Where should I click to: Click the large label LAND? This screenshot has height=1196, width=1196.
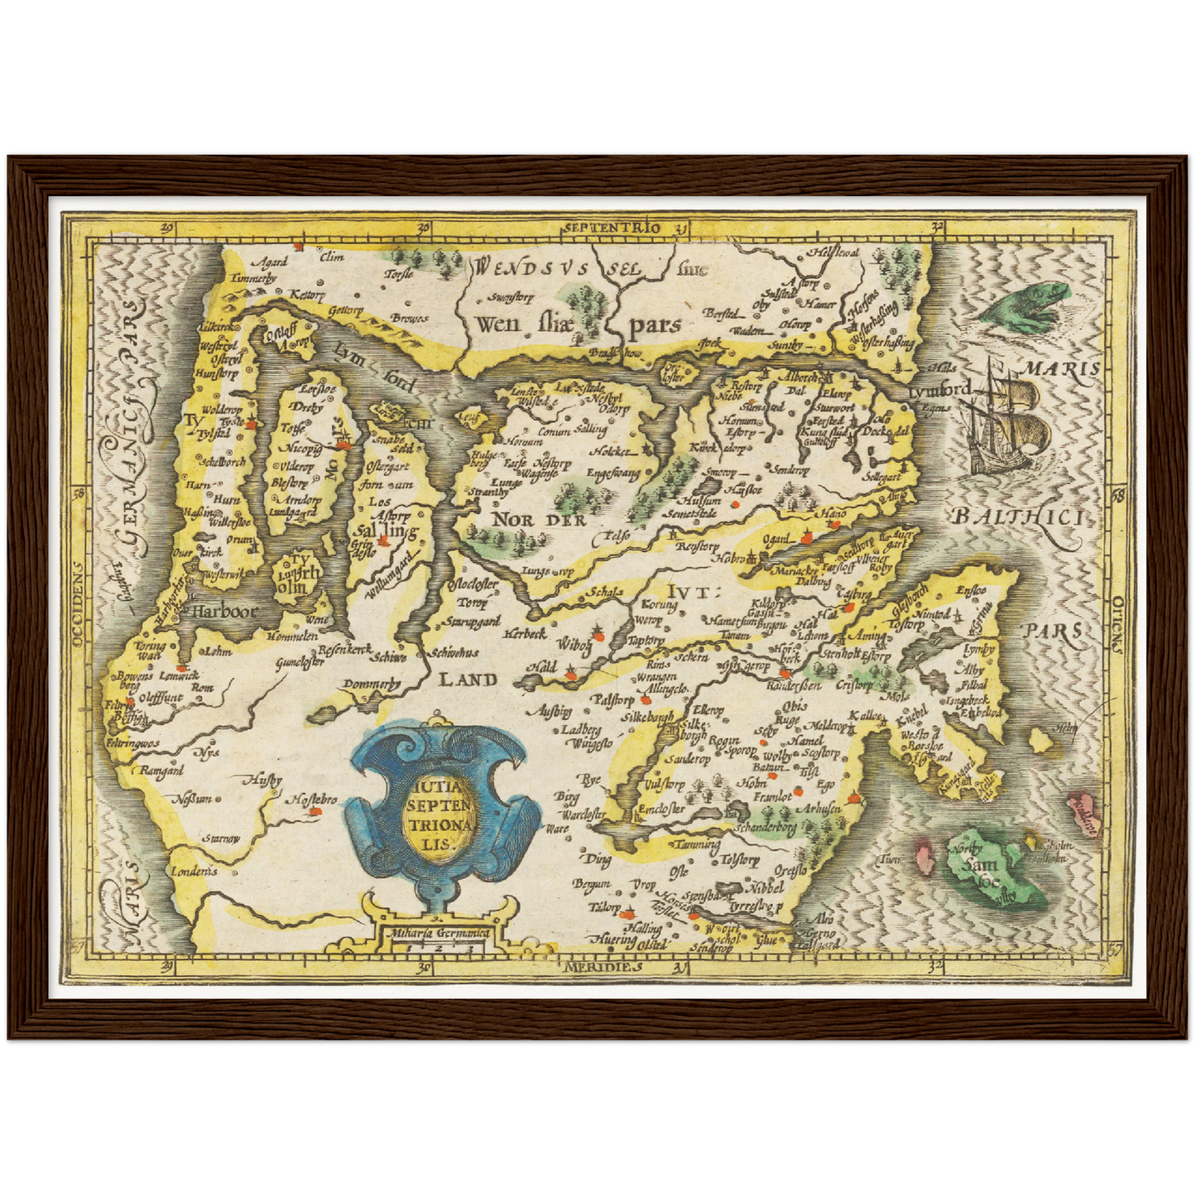coord(468,680)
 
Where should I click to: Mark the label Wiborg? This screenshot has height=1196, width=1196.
coord(574,644)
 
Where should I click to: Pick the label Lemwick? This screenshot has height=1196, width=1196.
coord(179,675)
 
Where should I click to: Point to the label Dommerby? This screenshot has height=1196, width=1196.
coord(371,684)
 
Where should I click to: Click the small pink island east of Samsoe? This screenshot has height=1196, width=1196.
coord(1081,805)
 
